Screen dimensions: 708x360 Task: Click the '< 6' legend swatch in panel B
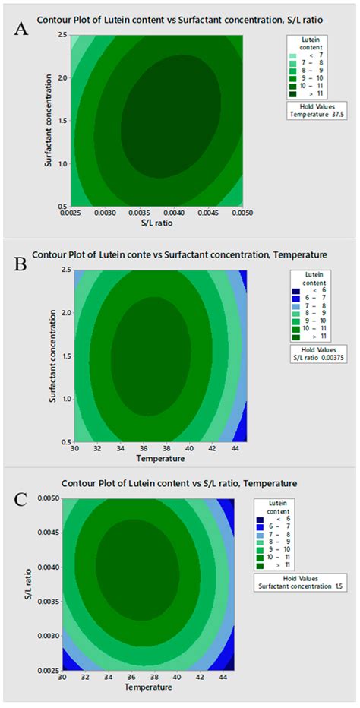(x=292, y=293)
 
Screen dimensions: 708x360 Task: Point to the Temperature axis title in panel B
(x=158, y=458)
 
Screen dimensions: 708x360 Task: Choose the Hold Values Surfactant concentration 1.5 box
(x=310, y=583)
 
